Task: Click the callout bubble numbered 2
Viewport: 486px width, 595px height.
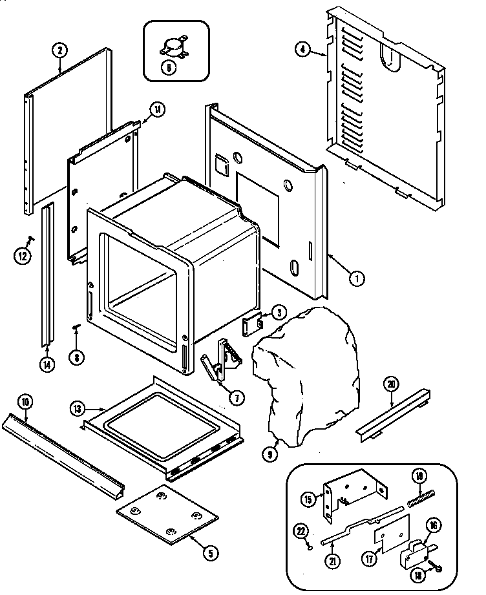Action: (59, 50)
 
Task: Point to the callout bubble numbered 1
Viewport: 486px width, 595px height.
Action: (355, 278)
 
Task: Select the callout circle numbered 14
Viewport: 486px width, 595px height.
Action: (46, 363)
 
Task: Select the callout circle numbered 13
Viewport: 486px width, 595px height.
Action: (77, 408)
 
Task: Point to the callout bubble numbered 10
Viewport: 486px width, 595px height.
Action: (24, 402)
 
